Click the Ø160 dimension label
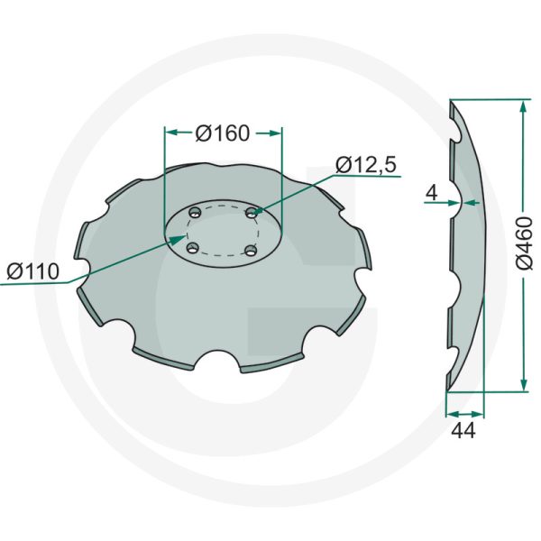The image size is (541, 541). pyautogui.click(x=222, y=133)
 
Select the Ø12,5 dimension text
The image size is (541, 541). pyautogui.click(x=366, y=164)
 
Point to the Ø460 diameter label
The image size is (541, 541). pyautogui.click(x=528, y=246)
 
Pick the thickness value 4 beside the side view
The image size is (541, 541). pyautogui.click(x=433, y=192)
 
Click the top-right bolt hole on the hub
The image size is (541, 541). pyautogui.click(x=252, y=213)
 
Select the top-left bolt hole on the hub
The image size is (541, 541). pyautogui.click(x=195, y=214)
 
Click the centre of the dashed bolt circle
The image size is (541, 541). pyautogui.click(x=221, y=231)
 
